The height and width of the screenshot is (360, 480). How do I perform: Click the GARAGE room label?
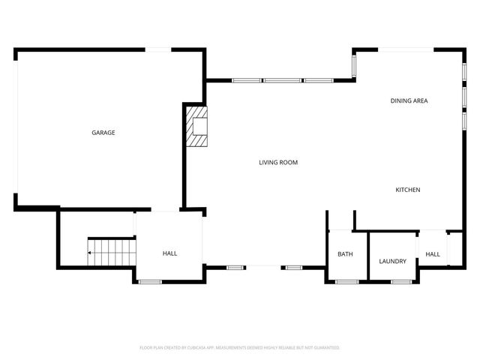(103, 133)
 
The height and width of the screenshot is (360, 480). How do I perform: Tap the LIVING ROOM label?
(278, 162)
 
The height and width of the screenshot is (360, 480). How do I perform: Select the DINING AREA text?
(409, 100)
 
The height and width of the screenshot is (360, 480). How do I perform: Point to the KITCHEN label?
(408, 190)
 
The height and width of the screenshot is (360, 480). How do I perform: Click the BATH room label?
(345, 254)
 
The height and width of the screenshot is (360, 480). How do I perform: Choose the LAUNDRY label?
(392, 262)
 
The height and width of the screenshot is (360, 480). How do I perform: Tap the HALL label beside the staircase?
(170, 253)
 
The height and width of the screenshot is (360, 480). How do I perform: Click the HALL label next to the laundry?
(433, 254)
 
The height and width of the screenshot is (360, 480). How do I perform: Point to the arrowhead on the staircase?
(89, 253)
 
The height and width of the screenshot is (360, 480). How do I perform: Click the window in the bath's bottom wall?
(346, 281)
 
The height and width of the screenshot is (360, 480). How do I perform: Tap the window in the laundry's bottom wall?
(402, 281)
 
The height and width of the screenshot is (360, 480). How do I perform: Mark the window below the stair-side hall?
(150, 281)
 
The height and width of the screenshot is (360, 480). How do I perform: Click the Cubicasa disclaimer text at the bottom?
(240, 348)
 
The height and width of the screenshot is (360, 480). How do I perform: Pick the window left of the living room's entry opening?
(235, 266)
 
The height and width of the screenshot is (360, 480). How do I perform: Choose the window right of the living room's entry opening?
(292, 266)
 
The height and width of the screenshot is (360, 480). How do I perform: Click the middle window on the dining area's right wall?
(464, 96)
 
